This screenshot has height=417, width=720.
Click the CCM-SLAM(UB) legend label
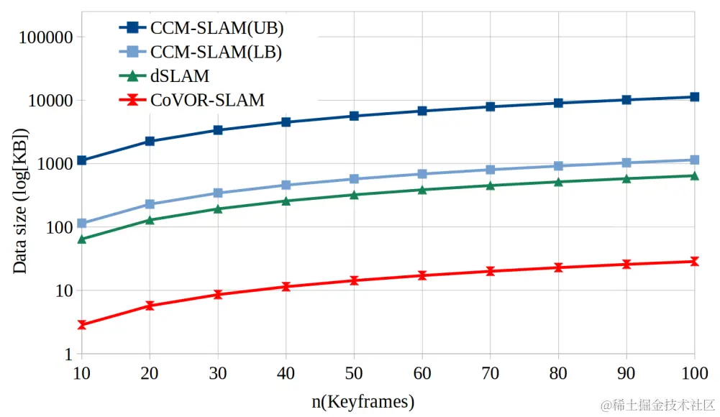(x=217, y=28)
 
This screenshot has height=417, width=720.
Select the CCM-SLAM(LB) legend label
(x=216, y=52)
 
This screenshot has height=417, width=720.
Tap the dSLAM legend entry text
(x=180, y=75)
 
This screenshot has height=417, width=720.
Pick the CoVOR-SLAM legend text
(x=207, y=99)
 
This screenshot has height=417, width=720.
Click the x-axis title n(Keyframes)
(x=363, y=400)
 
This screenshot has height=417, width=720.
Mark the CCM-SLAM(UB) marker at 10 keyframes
(x=81, y=160)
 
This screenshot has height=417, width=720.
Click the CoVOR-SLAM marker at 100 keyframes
(x=694, y=262)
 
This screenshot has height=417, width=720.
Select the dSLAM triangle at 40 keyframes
(x=286, y=201)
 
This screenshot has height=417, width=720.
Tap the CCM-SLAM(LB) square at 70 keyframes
(x=491, y=170)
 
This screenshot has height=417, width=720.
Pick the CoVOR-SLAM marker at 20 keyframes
(x=150, y=306)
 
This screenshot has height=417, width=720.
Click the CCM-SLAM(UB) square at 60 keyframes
(x=422, y=111)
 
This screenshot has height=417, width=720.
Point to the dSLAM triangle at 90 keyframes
(x=626, y=178)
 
